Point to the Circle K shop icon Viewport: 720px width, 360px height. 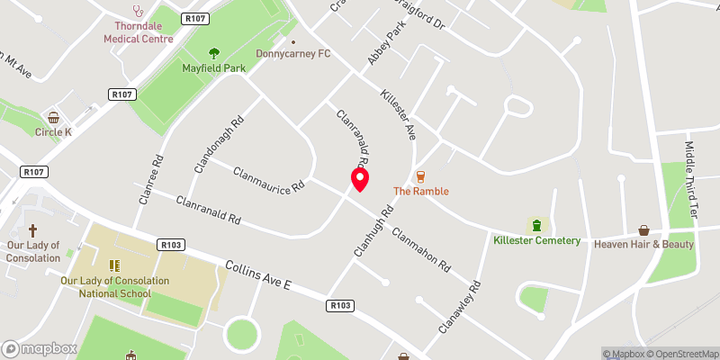(x=53, y=117)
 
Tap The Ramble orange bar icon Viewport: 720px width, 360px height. (x=420, y=175)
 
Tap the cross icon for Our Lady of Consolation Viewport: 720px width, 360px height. (x=33, y=230)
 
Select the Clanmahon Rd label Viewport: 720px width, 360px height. (x=420, y=247)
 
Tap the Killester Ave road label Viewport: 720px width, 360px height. (x=397, y=114)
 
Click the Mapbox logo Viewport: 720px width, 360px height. (x=38, y=348)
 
